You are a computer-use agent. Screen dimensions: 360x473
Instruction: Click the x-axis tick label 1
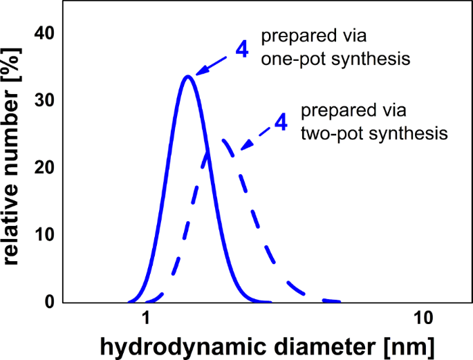coord(146,319)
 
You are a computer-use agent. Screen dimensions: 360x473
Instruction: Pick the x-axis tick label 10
coord(423,319)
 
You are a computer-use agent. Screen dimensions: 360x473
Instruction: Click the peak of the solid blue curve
coord(187,76)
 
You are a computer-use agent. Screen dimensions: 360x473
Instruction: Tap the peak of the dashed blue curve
coord(224,140)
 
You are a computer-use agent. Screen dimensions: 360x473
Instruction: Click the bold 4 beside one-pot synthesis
coord(241,50)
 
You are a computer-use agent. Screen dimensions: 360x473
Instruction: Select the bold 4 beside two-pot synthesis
coord(280,122)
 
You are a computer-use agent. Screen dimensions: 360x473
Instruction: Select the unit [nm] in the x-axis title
coord(411,344)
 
